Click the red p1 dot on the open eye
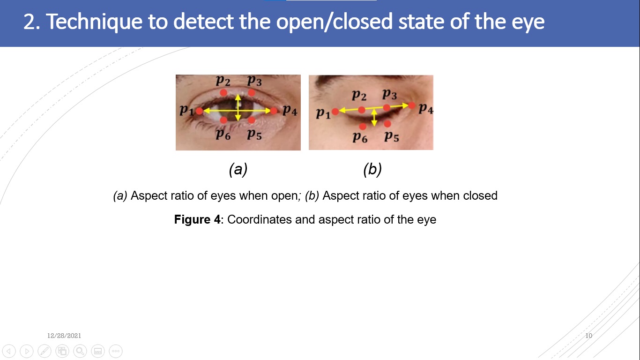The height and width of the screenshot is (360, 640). (x=200, y=111)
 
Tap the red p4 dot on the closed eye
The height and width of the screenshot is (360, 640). (x=412, y=105)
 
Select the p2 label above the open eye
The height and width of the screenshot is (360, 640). (x=223, y=80)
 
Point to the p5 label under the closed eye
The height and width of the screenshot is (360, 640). (x=391, y=137)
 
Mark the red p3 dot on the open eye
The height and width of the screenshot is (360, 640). (x=252, y=92)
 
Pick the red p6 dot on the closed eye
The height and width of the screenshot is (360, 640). (x=363, y=126)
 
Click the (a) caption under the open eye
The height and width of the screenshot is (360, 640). (x=238, y=169)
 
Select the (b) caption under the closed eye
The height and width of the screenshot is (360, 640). (x=372, y=169)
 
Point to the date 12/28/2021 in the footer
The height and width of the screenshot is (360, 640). (x=64, y=336)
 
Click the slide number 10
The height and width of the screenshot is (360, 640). (x=589, y=336)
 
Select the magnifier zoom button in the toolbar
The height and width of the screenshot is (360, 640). (x=80, y=351)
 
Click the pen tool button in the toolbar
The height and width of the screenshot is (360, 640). (x=45, y=351)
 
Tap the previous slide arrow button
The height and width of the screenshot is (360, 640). (x=9, y=351)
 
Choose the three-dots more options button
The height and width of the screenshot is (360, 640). (x=116, y=351)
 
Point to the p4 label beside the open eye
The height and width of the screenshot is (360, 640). (x=290, y=111)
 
